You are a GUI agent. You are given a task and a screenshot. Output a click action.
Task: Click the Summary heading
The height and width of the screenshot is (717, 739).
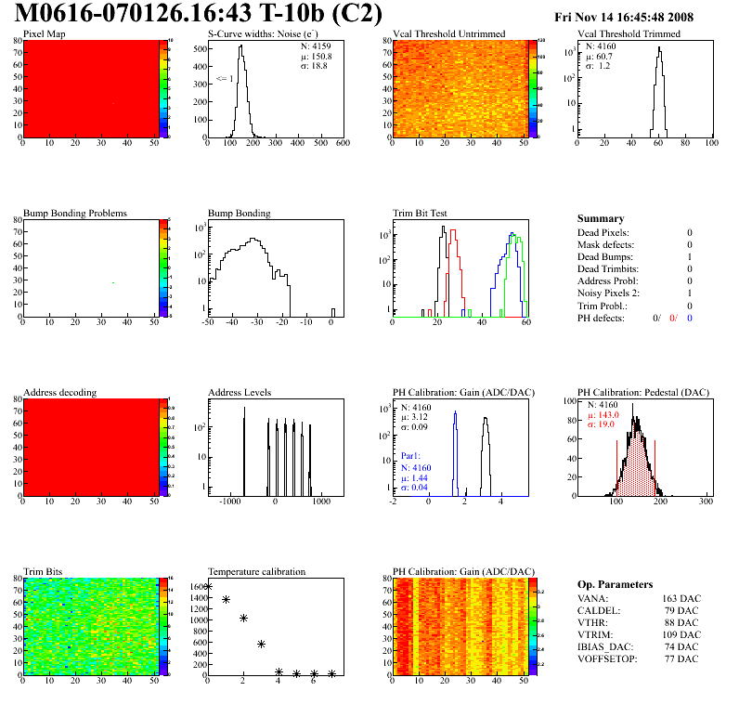(x=600, y=218)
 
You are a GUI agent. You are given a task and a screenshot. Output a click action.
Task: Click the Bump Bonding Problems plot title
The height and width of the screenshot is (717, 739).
(x=75, y=213)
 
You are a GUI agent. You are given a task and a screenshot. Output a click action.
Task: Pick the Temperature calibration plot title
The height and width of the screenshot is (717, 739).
(x=256, y=571)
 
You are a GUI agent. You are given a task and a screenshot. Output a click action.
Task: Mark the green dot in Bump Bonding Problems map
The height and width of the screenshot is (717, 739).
(x=113, y=282)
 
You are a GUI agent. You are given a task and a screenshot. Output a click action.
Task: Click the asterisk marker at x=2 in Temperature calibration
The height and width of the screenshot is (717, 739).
(x=243, y=618)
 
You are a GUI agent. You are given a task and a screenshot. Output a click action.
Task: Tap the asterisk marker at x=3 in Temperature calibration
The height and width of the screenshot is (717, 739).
(x=262, y=644)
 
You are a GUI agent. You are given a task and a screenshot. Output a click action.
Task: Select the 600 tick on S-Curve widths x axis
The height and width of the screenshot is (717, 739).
(x=343, y=143)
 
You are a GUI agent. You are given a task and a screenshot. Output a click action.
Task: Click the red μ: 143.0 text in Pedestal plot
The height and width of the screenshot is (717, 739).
(x=603, y=415)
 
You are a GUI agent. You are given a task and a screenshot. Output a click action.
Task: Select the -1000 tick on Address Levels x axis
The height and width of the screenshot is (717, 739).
(x=228, y=501)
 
